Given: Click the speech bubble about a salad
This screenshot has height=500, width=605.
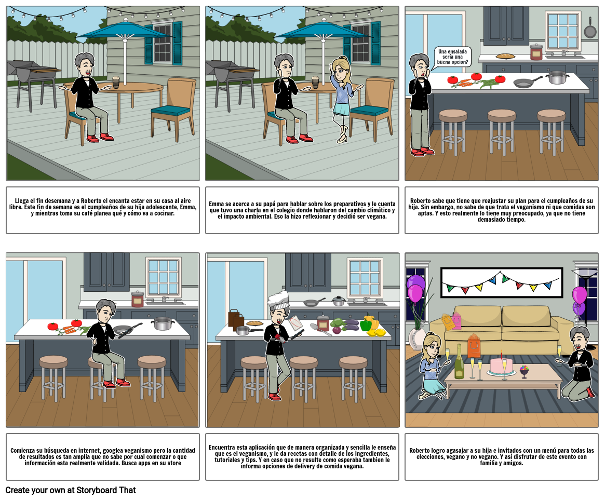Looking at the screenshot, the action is [x=452, y=57].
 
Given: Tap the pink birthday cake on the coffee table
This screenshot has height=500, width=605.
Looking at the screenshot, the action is [x=501, y=366].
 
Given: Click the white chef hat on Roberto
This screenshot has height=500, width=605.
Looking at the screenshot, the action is [x=278, y=300].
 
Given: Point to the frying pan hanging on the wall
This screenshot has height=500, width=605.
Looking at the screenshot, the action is [x=590, y=28].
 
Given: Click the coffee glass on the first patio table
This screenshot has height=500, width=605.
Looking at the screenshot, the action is [x=116, y=82].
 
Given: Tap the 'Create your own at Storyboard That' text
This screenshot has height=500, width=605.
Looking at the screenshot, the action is [x=71, y=490].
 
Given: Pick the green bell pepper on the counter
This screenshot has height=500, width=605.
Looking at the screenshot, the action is [x=366, y=325].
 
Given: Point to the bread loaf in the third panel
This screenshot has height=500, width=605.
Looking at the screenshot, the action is [x=505, y=56].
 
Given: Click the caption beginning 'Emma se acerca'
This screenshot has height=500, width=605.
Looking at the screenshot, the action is [x=302, y=210].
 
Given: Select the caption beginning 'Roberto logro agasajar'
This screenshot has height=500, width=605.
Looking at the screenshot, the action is [x=502, y=456].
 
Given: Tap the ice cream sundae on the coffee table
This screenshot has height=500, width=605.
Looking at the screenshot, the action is [x=523, y=372].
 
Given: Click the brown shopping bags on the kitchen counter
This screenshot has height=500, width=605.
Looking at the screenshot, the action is [x=236, y=319].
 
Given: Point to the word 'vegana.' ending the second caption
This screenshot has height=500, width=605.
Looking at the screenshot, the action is [x=377, y=217].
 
